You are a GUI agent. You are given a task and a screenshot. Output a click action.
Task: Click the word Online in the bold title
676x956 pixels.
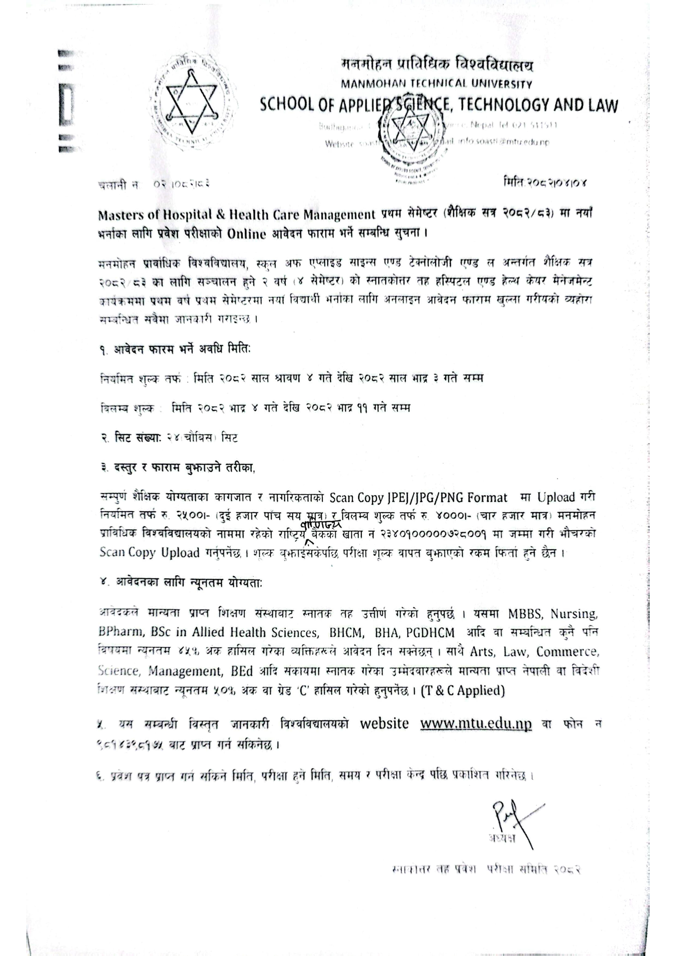click(x=246, y=234)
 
